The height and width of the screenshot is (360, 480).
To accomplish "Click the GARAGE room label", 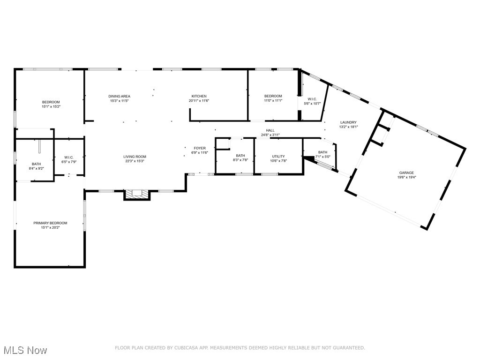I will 406,173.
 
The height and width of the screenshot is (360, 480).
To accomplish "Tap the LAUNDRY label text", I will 348,122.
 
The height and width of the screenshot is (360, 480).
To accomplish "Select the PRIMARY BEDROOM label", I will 50,223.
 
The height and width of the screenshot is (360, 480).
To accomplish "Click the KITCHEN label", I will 199,96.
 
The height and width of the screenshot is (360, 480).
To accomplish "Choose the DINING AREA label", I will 120,96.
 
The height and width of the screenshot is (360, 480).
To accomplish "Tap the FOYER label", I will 200,148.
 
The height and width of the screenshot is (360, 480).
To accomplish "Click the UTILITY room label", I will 278,157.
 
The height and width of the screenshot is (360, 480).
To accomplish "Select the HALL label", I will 270,131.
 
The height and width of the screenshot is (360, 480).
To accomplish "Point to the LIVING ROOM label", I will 135,157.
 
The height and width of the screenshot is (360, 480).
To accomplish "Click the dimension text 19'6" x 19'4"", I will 406,178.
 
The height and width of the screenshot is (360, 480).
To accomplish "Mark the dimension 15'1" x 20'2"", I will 50,228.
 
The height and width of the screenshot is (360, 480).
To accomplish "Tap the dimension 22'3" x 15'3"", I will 135,161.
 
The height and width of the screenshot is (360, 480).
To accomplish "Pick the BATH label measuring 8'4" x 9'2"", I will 36,164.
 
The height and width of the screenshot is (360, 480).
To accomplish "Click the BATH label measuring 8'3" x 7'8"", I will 240,156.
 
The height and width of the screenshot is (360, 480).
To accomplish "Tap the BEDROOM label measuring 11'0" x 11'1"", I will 273,96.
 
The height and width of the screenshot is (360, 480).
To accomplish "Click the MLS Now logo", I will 25,350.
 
